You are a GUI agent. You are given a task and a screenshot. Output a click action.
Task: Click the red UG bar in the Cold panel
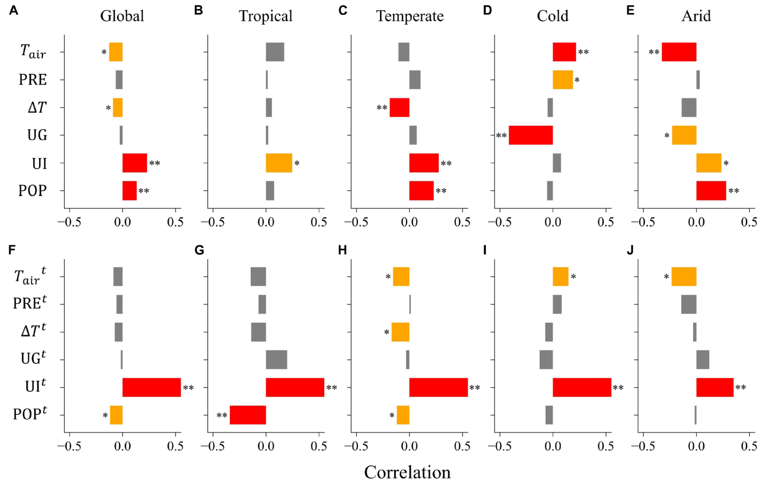pyautogui.click(x=530, y=135)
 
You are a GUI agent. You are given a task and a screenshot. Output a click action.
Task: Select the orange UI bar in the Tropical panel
pyautogui.click(x=279, y=163)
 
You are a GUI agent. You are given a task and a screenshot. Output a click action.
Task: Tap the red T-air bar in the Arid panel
pyautogui.click(x=679, y=52)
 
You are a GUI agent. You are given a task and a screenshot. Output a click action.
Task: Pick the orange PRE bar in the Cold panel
pyautogui.click(x=562, y=80)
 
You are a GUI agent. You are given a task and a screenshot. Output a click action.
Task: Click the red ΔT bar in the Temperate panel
pyautogui.click(x=400, y=107)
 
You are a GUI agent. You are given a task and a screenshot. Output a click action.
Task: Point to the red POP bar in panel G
pyautogui.click(x=248, y=415)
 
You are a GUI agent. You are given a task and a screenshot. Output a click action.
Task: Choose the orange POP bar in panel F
pyautogui.click(x=116, y=415)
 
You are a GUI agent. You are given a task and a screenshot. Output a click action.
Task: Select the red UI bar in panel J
pyautogui.click(x=715, y=387)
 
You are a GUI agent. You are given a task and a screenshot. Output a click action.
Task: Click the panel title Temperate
pyautogui.click(x=410, y=16)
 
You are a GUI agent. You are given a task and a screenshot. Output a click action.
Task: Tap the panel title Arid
pyautogui.click(x=696, y=16)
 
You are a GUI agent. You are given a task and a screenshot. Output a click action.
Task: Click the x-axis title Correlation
pyautogui.click(x=407, y=472)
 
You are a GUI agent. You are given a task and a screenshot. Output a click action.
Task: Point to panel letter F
pyautogui.click(x=12, y=250)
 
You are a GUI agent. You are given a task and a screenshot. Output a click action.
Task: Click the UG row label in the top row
pyautogui.click(x=37, y=135)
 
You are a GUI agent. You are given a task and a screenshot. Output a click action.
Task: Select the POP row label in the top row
pyautogui.click(x=33, y=191)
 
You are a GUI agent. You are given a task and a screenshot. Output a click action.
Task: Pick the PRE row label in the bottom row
pyautogui.click(x=30, y=303)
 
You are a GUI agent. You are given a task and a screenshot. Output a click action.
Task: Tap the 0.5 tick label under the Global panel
pyautogui.click(x=175, y=222)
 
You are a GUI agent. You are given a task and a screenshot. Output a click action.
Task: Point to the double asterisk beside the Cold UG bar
pyautogui.click(x=501, y=136)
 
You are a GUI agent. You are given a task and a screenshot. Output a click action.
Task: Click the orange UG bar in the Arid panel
pyautogui.click(x=684, y=135)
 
